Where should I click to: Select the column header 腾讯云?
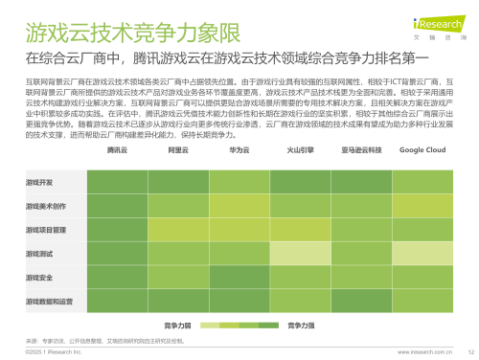117,150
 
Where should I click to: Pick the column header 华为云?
239,150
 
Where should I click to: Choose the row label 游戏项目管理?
45,230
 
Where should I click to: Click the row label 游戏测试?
39,254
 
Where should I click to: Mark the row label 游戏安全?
39,278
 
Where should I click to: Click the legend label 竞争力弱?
178,326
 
